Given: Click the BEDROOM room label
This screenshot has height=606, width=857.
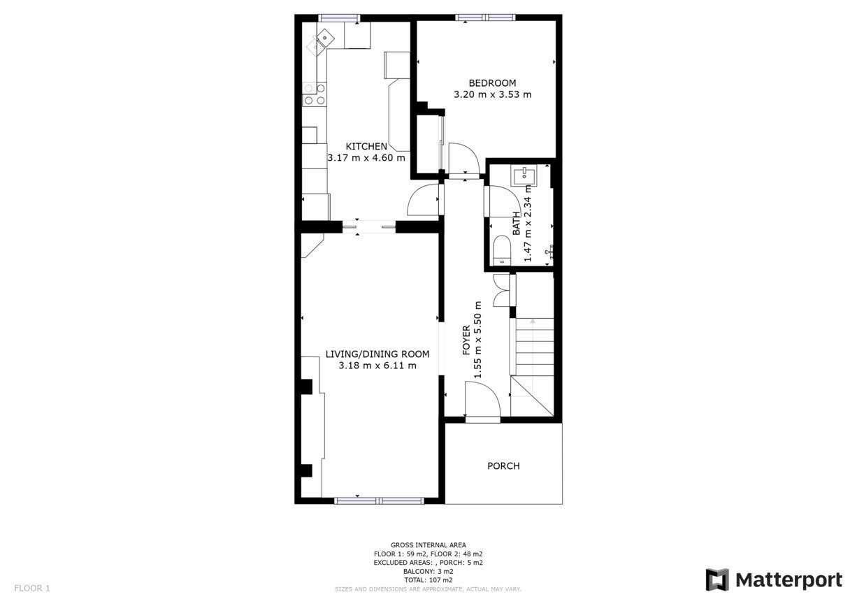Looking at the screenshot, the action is [x=492, y=83].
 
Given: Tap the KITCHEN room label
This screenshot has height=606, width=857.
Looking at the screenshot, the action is [x=366, y=147].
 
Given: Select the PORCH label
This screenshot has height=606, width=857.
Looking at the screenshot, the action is [x=503, y=466].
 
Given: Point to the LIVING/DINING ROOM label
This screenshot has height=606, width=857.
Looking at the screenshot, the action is [x=377, y=354].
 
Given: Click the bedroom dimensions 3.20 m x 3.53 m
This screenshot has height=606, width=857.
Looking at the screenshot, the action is [x=492, y=94].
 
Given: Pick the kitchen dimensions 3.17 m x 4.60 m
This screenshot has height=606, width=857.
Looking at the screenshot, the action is [x=366, y=158].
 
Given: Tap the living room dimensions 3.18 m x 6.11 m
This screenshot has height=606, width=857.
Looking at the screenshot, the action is [x=377, y=366].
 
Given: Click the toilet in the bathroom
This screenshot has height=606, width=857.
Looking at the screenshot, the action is [x=502, y=251].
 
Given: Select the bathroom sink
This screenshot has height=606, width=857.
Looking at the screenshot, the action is [x=524, y=176].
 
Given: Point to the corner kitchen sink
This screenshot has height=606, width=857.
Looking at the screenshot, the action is [x=321, y=42].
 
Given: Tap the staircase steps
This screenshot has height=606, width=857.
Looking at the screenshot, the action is [x=535, y=347].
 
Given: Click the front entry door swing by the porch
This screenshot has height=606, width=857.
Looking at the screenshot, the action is [x=482, y=398].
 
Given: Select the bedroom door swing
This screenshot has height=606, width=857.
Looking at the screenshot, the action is [x=463, y=158].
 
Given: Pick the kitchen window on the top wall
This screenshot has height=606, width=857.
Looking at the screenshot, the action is [x=339, y=18].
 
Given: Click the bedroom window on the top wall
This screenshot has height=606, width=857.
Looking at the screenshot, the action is [x=485, y=17].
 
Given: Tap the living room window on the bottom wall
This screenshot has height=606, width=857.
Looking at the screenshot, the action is [x=379, y=500].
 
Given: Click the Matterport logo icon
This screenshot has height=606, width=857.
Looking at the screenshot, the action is [x=717, y=579].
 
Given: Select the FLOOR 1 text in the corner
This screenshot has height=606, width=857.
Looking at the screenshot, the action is [x=32, y=589].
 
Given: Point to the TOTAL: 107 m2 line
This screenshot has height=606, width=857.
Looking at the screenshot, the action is [x=428, y=580].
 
